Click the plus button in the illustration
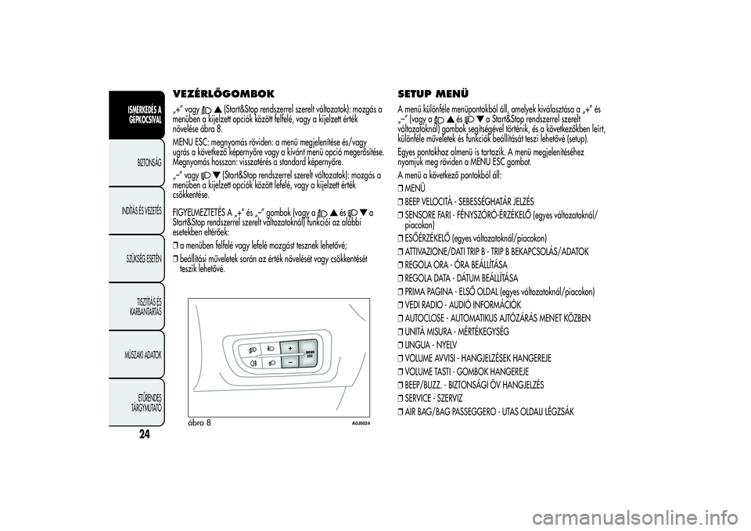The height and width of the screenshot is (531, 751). click(289, 347)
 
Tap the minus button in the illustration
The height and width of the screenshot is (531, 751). click(289, 362)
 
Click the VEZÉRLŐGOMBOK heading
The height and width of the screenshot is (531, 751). click(223, 94)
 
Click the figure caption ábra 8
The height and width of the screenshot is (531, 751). click(199, 422)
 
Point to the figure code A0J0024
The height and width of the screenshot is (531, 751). click(360, 423)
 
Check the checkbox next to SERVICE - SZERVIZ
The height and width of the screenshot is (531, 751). click(401, 399)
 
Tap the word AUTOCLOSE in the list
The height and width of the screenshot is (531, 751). click(429, 318)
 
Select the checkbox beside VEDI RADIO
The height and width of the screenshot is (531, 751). click(401, 305)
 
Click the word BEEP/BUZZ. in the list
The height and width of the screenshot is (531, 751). click(427, 386)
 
